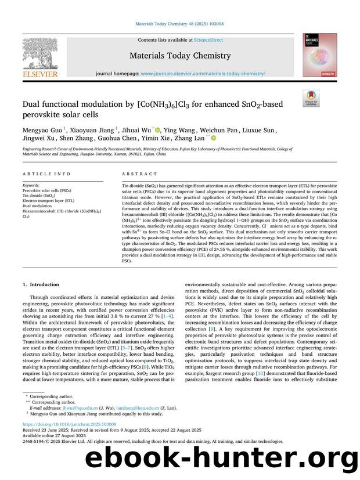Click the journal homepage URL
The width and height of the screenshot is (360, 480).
pyautogui.click(x=203, y=74)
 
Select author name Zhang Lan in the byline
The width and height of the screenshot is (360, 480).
pyautogui.click(x=190, y=139)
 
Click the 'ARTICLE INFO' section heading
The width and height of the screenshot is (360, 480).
pyautogui.click(x=38, y=174)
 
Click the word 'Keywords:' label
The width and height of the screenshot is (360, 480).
pyautogui.click(x=32, y=185)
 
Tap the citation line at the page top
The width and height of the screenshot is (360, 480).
pyautogui.click(x=179, y=24)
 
